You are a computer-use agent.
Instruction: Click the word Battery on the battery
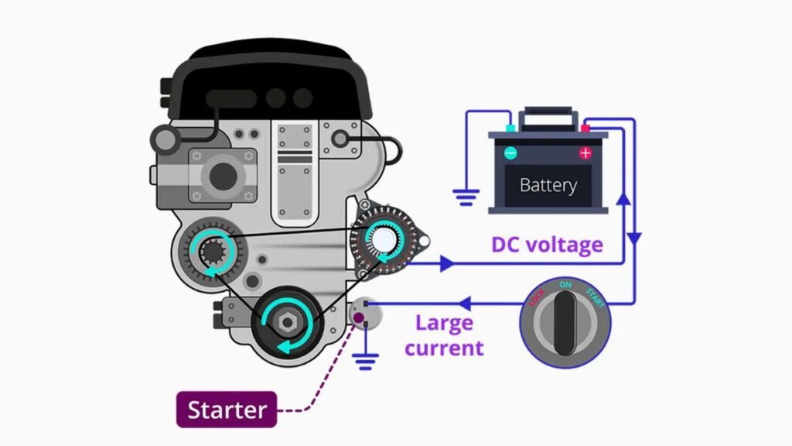point(548,186)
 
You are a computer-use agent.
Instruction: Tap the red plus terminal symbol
point(585,153)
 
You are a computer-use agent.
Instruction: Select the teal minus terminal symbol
point(510,153)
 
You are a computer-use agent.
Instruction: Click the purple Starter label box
point(227,410)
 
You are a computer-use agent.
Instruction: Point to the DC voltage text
point(547,245)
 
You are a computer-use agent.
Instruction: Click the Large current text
point(445,335)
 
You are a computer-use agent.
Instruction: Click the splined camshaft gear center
point(210,251)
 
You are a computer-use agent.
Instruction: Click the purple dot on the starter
point(358,317)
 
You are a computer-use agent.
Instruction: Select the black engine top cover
point(271,77)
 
